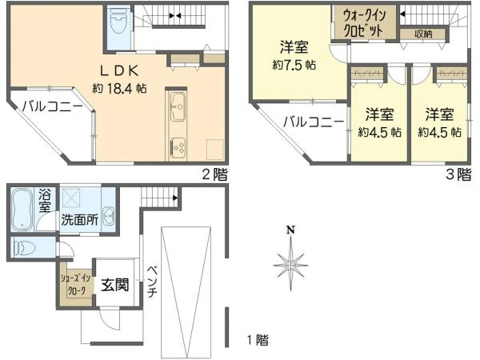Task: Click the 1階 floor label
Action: (258, 340)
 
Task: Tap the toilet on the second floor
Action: (118, 20)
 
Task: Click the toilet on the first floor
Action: (26, 249)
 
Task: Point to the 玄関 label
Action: (115, 283)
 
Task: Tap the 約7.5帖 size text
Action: (295, 65)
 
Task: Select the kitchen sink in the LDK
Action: (178, 105)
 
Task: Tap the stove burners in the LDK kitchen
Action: (178, 147)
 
